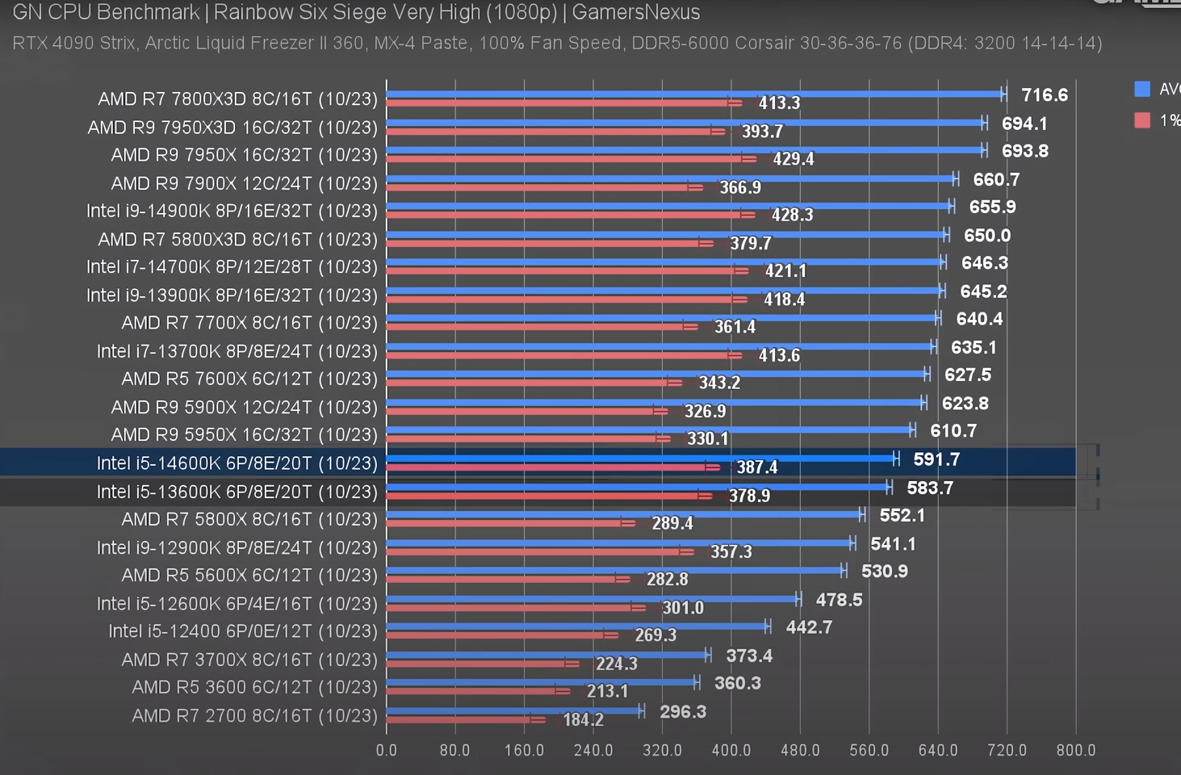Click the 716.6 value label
[1044, 95]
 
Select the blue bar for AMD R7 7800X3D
[694, 94]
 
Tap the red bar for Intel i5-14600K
[549, 467]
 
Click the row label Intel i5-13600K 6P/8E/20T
[237, 492]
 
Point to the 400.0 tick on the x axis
[731, 750]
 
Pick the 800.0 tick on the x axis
[1075, 750]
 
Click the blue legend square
[1142, 89]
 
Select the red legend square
[1142, 120]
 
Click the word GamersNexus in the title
[635, 12]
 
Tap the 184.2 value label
[583, 719]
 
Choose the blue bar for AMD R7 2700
[513, 710]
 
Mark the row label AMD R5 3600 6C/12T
[254, 687]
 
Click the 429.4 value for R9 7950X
[793, 159]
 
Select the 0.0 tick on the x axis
[387, 750]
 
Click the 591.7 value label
[936, 459]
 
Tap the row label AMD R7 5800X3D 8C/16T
[237, 239]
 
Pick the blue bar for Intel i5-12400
[576, 626]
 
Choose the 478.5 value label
[839, 600]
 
